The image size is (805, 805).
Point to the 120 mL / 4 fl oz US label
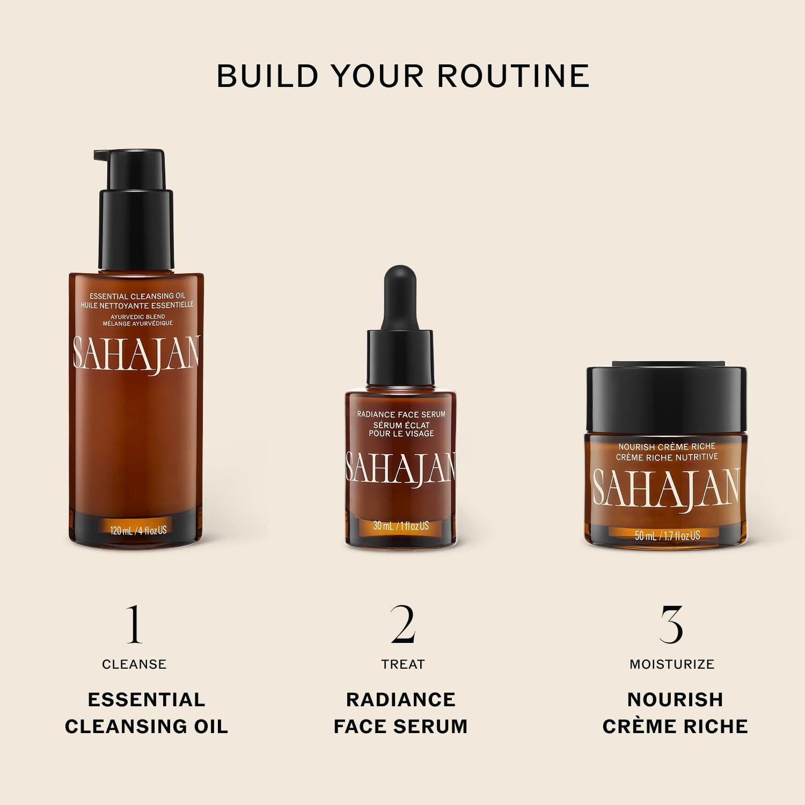click(x=138, y=530)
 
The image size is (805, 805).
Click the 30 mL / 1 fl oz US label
click(x=401, y=526)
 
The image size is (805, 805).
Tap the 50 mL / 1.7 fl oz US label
click(x=667, y=535)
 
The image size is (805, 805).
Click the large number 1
click(x=134, y=624)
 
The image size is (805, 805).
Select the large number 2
click(x=402, y=624)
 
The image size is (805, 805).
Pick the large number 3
click(x=671, y=624)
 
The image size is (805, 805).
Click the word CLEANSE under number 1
click(x=134, y=664)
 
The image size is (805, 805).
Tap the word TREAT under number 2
click(x=402, y=664)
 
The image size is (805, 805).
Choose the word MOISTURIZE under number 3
click(x=671, y=664)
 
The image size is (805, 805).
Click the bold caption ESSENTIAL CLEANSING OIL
click(x=146, y=713)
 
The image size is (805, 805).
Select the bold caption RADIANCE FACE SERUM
click(x=401, y=713)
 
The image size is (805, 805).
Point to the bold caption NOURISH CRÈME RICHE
click(x=675, y=713)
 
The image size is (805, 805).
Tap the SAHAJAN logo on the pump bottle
click(x=136, y=354)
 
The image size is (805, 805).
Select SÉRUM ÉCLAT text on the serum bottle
click(x=401, y=425)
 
